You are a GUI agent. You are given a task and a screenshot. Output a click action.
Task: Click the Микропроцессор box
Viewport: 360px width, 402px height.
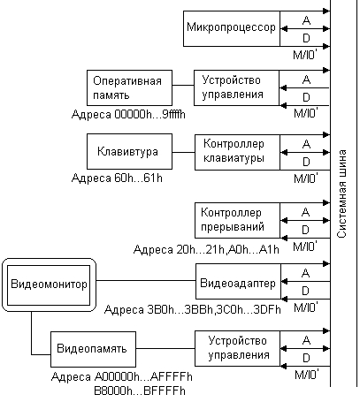pos(232,28)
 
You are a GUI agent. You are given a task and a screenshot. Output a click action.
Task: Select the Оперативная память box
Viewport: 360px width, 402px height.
pos(129,87)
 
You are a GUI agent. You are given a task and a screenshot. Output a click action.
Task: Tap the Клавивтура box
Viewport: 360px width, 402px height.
pos(129,151)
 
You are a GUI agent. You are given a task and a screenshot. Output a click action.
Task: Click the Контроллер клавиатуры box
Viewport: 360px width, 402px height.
pos(237,152)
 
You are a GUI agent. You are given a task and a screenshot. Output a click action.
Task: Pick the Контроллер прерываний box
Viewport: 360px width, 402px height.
pos(237,220)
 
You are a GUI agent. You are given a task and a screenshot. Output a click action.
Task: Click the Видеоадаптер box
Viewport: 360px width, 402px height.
pos(238,281)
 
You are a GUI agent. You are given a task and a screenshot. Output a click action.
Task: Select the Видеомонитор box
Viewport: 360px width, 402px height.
pos(49,284)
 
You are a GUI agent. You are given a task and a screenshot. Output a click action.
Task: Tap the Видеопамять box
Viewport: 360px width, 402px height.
pos(93,349)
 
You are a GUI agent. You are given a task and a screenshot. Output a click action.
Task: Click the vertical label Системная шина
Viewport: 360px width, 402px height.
pos(342,193)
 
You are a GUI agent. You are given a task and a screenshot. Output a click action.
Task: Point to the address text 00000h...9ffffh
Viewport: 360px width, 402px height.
pos(149,114)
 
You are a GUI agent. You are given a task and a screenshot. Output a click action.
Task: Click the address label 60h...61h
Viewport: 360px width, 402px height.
pos(138,178)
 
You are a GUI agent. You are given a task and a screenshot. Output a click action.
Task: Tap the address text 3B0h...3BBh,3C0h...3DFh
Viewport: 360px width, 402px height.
pos(213,310)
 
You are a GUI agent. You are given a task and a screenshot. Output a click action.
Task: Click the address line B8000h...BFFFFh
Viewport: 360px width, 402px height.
pos(140,391)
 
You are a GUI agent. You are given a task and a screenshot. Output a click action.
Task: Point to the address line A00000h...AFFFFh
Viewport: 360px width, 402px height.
pos(143,376)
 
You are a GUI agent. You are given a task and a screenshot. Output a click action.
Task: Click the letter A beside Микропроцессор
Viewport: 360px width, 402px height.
pos(306,20)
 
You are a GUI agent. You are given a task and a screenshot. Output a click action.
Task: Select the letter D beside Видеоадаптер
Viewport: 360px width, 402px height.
pos(305,291)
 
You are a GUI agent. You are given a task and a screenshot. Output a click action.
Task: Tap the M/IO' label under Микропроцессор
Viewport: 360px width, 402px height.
pos(305,55)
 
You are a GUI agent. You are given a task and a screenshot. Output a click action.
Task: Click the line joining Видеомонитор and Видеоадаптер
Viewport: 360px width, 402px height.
pos(146,280)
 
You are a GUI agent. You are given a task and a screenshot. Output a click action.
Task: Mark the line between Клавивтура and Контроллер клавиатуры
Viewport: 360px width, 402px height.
pos(183,152)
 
